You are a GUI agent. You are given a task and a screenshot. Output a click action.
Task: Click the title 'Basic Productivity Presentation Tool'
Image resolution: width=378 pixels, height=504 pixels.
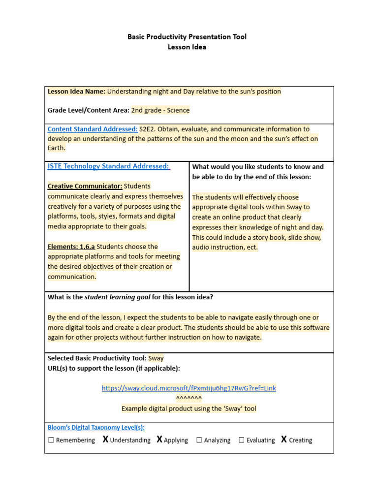pyautogui.click(x=187, y=37)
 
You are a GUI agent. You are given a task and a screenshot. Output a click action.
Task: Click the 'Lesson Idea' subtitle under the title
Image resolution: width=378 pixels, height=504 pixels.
pyautogui.click(x=187, y=47)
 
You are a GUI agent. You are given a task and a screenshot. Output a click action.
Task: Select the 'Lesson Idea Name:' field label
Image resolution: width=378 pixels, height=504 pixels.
pyautogui.click(x=76, y=92)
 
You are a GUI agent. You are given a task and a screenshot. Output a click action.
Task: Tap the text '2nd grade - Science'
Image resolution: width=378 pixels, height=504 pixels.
pyautogui.click(x=160, y=110)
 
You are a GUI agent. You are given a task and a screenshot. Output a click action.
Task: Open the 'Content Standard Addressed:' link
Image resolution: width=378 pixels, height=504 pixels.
pyautogui.click(x=93, y=129)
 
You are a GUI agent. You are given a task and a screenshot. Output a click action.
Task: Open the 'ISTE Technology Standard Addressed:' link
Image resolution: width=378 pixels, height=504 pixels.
pyautogui.click(x=109, y=166)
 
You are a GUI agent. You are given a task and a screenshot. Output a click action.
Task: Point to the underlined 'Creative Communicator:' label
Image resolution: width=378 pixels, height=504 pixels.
pyautogui.click(x=85, y=186)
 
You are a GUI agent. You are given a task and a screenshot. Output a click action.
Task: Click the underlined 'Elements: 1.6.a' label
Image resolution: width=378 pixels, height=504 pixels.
pyautogui.click(x=71, y=247)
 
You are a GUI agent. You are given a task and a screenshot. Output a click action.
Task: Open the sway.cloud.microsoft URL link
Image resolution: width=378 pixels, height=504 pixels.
pyautogui.click(x=189, y=388)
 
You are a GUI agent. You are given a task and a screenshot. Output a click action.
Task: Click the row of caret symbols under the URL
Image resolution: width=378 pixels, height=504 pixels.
pyautogui.click(x=189, y=398)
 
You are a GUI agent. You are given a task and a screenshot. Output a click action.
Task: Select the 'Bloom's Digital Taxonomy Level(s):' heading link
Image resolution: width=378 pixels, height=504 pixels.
pyautogui.click(x=96, y=428)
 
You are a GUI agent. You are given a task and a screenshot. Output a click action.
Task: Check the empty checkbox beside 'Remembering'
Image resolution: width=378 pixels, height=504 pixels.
pyautogui.click(x=51, y=441)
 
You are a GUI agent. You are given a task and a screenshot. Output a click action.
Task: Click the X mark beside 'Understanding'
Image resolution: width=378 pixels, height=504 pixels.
pyautogui.click(x=105, y=440)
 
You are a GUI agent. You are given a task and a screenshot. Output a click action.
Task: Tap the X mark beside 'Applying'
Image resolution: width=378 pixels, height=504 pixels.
pyautogui.click(x=159, y=440)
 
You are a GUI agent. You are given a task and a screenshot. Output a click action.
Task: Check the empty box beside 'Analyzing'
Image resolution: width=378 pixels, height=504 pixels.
pyautogui.click(x=199, y=441)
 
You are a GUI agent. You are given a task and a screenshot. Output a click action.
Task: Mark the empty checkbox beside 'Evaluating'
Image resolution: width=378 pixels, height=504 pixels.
pyautogui.click(x=242, y=441)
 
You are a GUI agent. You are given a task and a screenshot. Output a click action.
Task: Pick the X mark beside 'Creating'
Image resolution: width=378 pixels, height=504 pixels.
pyautogui.click(x=284, y=440)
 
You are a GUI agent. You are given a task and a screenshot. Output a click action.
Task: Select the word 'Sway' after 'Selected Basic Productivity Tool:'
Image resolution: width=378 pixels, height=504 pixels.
pyautogui.click(x=156, y=358)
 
